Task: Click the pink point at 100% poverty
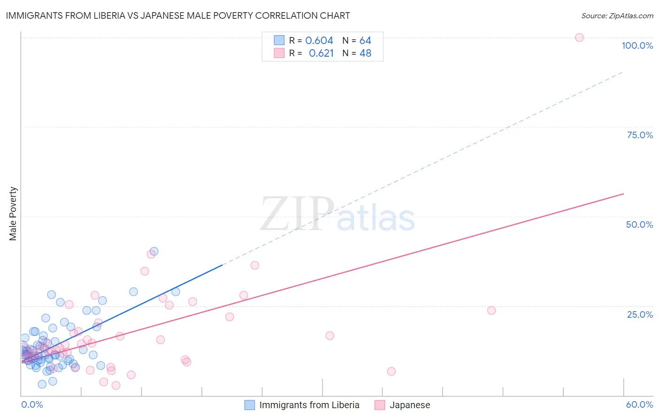[x=579, y=37]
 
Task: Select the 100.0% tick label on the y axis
[x=637, y=45]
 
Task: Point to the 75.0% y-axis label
[x=640, y=135]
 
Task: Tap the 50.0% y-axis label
[x=639, y=224]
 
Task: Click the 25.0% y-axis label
[x=640, y=314]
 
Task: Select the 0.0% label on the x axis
[x=32, y=404]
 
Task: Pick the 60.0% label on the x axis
[x=639, y=404]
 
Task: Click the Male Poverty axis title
[x=13, y=214]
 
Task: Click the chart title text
[x=178, y=15]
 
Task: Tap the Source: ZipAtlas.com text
[x=617, y=15]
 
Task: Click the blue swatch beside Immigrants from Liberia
[x=250, y=405]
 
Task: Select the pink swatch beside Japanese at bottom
[x=380, y=405]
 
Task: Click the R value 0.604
[x=319, y=40]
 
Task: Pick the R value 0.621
[x=321, y=53]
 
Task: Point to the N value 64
[x=365, y=40]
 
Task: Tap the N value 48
[x=365, y=53]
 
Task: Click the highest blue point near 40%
[x=154, y=251]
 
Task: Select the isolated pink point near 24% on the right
[x=491, y=310]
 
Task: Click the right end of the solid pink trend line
[x=623, y=194]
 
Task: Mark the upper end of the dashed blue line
[x=623, y=72]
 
